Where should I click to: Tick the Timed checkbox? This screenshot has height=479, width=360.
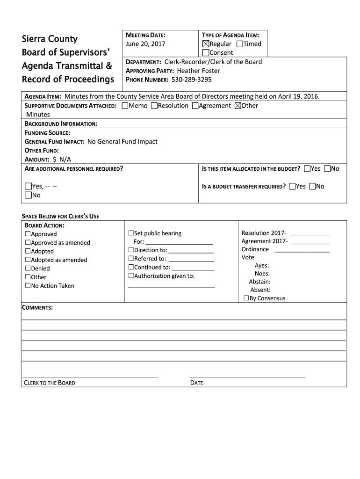[240, 44]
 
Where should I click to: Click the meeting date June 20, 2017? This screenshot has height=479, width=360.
[145, 44]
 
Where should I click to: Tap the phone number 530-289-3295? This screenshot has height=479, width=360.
[191, 80]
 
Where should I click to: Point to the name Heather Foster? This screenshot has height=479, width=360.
[198, 71]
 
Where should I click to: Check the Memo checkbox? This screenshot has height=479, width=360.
[125, 106]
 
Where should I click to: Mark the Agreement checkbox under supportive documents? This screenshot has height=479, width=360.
[195, 106]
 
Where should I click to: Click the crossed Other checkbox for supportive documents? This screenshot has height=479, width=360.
[238, 106]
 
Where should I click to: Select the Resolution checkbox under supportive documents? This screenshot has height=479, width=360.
[154, 106]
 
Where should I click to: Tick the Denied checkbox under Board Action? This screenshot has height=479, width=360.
[28, 269]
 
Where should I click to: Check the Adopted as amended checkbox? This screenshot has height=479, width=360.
[28, 260]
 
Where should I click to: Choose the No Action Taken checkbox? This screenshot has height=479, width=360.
[28, 285]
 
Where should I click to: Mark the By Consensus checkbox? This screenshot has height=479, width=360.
[246, 298]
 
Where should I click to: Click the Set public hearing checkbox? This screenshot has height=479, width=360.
[131, 233]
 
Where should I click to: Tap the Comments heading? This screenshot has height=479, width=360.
[37, 307]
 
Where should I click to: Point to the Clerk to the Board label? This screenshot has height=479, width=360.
[50, 383]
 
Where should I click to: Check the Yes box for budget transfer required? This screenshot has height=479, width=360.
[292, 187]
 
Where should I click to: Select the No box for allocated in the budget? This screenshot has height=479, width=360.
[327, 168]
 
